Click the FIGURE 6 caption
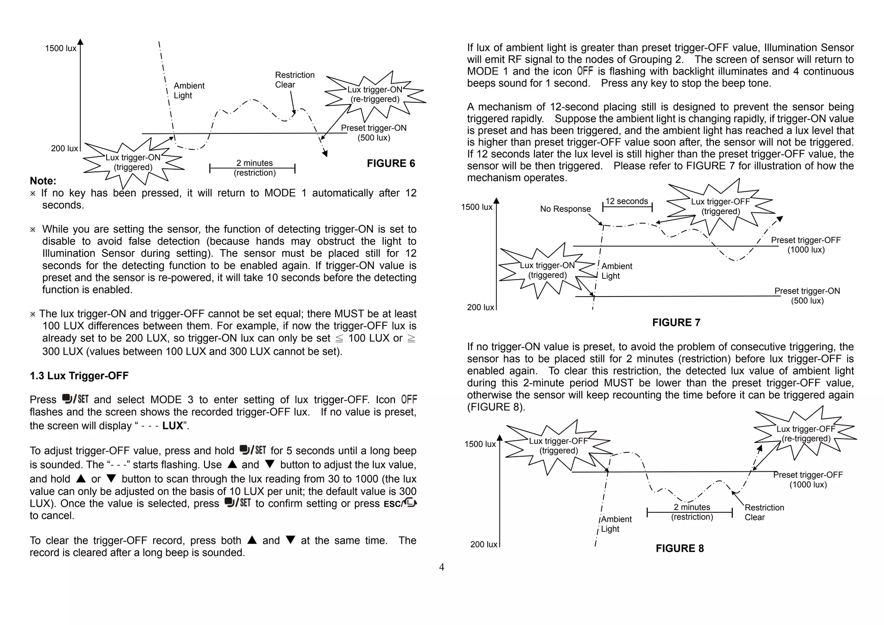pos(391,164)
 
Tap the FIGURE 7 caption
pos(676,322)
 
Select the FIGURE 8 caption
pos(679,548)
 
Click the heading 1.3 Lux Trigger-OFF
pos(79,376)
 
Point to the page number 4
pos(442,567)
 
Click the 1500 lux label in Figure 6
pos(60,48)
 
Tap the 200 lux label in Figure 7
pos(480,307)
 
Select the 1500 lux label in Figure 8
pos(480,444)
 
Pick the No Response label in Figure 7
pos(565,209)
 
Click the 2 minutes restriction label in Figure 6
pos(254,168)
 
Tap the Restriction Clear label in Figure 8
pos(764,512)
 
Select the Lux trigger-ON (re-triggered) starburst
pos(375,95)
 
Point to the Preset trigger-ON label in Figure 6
pos(373,133)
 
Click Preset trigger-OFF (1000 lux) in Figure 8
pos(808,480)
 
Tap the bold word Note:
pos(43,181)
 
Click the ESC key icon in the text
pos(400,503)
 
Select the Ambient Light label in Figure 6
pos(189,91)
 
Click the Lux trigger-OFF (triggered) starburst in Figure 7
pos(720,206)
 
